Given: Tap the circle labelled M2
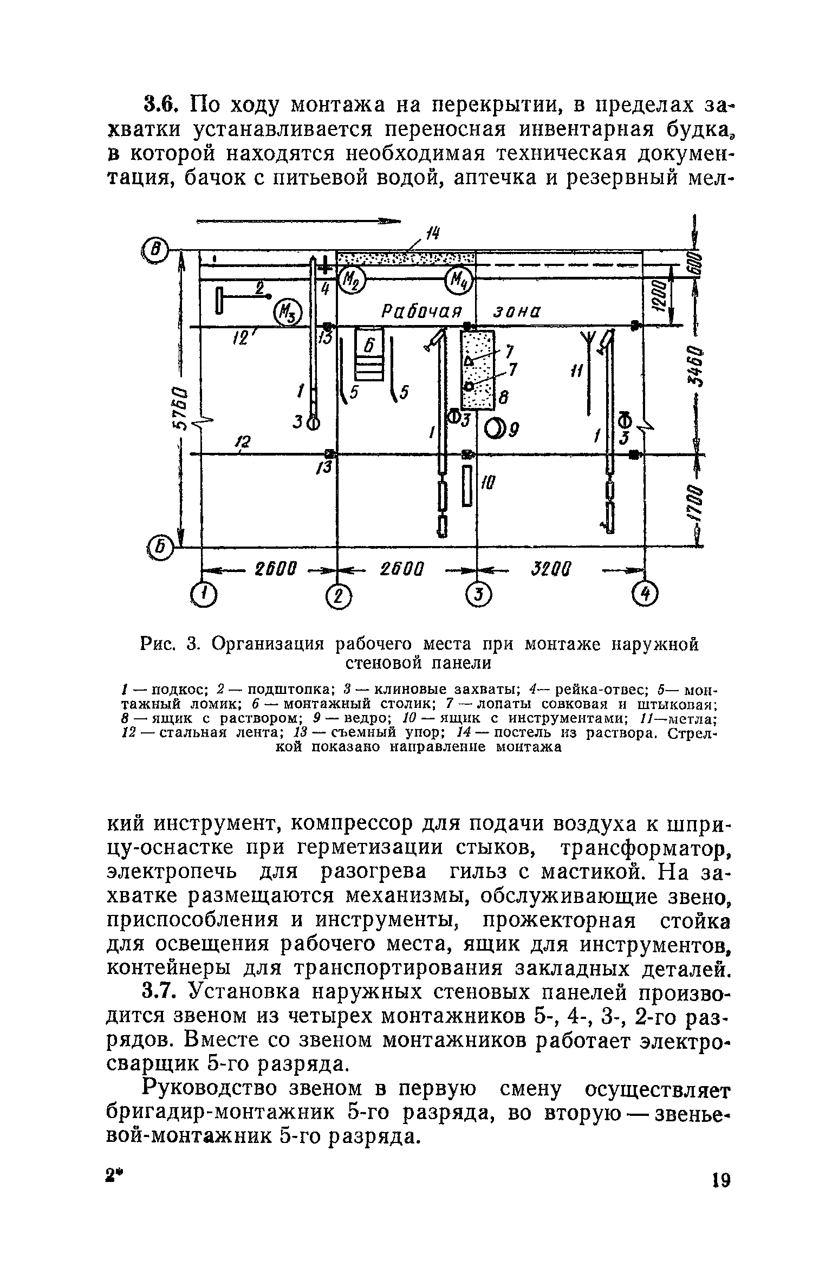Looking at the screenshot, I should point(352,281).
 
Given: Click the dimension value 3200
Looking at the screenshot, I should point(550,569).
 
